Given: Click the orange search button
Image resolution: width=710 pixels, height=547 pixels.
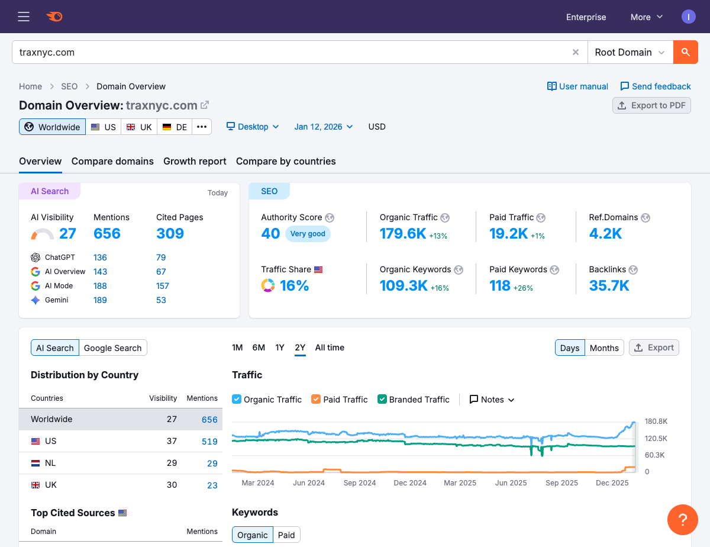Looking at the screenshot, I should click(x=685, y=52).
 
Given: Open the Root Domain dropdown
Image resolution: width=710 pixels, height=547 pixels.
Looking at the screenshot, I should click(x=630, y=52).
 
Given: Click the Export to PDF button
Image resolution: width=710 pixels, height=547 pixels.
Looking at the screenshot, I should click(x=651, y=105).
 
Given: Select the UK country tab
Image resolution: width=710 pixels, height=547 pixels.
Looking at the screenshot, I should click(x=139, y=127).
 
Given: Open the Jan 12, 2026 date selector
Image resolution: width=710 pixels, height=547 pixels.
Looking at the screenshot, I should click(x=323, y=127).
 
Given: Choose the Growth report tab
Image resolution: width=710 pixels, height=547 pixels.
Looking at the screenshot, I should click(x=195, y=161).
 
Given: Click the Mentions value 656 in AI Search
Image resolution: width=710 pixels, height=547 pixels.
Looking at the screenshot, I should click(x=107, y=233).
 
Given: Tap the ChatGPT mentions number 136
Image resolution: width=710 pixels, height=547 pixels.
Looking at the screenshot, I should click(x=100, y=258).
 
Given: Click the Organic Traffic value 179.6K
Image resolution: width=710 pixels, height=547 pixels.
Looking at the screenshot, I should click(x=403, y=233).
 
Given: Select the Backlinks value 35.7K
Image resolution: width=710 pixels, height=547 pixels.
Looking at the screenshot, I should click(x=609, y=285).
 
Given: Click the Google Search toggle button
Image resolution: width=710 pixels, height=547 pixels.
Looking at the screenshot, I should click(x=112, y=348).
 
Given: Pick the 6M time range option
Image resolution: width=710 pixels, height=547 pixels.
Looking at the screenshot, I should click(x=259, y=347).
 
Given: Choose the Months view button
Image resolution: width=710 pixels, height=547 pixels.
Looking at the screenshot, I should click(x=604, y=348).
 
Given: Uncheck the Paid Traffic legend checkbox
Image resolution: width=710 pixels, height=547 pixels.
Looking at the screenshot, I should click(x=316, y=400).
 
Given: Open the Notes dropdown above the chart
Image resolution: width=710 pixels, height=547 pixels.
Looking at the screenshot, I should click(x=492, y=400).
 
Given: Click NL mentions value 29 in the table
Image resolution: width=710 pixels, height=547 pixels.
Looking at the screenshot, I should click(x=212, y=464).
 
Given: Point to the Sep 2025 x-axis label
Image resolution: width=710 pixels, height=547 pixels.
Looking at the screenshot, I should click(x=561, y=483).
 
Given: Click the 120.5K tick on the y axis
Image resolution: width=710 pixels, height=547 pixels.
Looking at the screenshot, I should click(x=656, y=439).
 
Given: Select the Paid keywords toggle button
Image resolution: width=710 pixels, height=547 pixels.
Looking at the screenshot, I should click(x=286, y=535).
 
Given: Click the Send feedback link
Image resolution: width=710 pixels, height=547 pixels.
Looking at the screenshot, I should click(x=655, y=86).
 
